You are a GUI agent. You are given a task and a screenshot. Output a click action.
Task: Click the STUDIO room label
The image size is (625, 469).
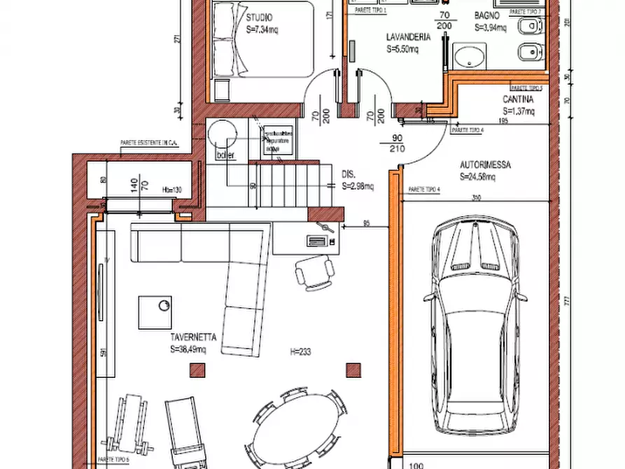click(260, 17)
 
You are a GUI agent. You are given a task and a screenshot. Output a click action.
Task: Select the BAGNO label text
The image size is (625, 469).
click(486, 15)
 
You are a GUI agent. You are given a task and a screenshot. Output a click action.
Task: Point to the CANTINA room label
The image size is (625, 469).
click(519, 99)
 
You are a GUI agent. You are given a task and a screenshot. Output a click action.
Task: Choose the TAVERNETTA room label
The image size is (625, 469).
click(193, 337)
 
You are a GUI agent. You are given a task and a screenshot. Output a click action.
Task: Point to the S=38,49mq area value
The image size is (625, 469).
click(188, 349)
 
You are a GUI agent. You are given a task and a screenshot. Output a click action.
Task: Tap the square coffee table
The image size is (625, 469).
click(155, 312)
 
